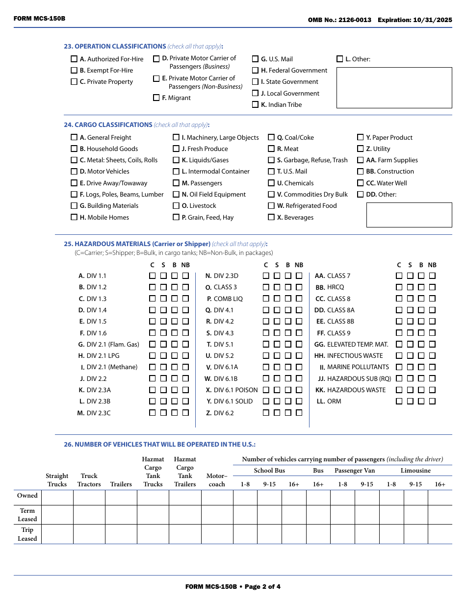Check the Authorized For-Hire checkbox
click(74, 59)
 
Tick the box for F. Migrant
click(156, 98)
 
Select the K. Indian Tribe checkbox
click(255, 104)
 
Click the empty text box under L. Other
click(394, 87)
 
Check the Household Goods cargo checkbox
click(74, 149)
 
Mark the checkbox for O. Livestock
click(176, 205)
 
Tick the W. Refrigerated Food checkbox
click(271, 205)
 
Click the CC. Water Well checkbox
click(361, 183)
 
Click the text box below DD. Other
click(409, 215)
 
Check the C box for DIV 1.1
click(153, 276)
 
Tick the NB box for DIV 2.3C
click(185, 413)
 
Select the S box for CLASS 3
click(277, 287)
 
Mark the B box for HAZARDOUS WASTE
click(421, 390)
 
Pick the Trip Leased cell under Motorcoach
click(217, 534)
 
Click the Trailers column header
click(121, 484)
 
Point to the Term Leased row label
click(27, 515)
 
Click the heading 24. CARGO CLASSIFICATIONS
click(108, 125)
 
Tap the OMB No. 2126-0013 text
click(339, 20)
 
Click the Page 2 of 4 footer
click(233, 586)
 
